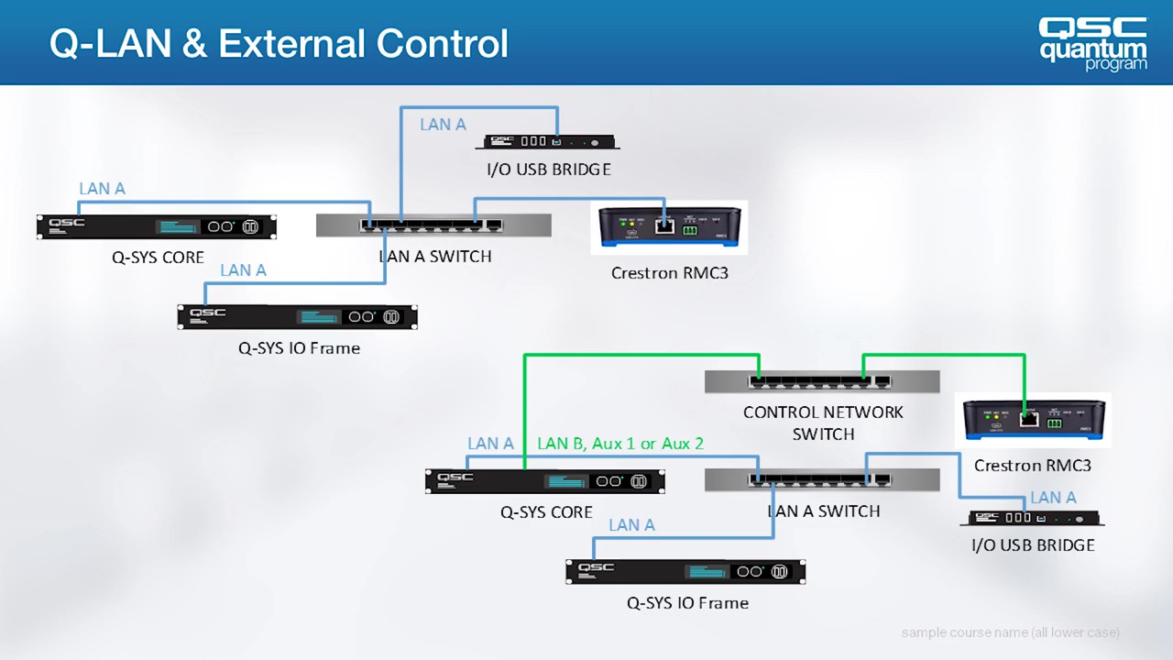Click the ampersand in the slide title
(x=194, y=43)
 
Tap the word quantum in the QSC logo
(x=1092, y=49)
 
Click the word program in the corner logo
(x=1115, y=64)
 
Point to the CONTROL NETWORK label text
(x=823, y=412)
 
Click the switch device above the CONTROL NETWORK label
(x=822, y=381)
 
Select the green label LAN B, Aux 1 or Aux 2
(x=619, y=444)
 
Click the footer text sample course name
(x=1010, y=632)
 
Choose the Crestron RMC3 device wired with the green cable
(x=1033, y=420)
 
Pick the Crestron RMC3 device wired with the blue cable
(x=669, y=226)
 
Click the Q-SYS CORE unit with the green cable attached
(x=545, y=481)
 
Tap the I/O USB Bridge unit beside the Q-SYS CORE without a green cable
(x=552, y=142)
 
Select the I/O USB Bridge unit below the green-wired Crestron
(x=1032, y=518)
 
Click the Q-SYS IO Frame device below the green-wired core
(x=685, y=571)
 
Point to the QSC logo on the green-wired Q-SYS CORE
(x=455, y=478)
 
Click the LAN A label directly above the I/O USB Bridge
(x=1053, y=498)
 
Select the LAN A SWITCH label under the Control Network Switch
(x=823, y=511)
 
